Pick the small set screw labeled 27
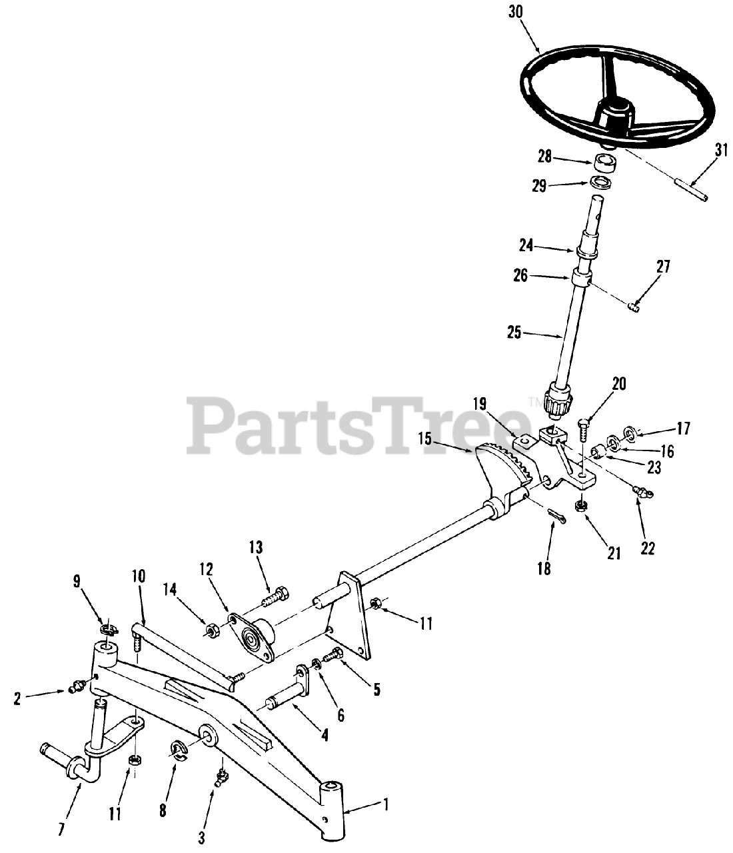pyautogui.click(x=634, y=306)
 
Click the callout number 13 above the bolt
pyautogui.click(x=256, y=548)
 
